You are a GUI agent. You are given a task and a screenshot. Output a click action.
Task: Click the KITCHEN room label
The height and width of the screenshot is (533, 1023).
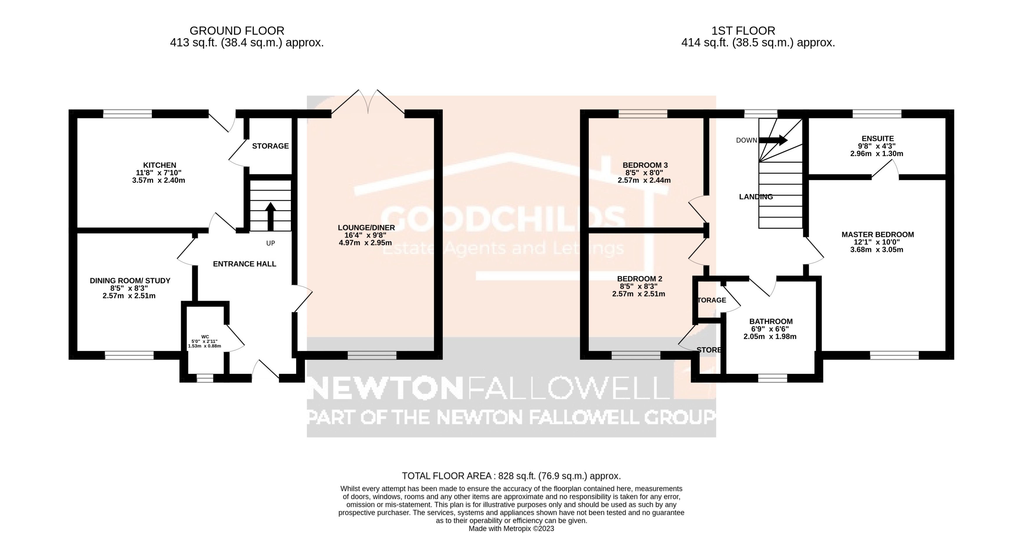pyautogui.click(x=159, y=165)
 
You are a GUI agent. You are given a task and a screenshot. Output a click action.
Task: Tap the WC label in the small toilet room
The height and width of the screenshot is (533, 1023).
pyautogui.click(x=205, y=336)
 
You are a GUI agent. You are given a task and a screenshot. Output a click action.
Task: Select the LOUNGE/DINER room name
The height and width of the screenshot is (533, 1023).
pyautogui.click(x=366, y=228)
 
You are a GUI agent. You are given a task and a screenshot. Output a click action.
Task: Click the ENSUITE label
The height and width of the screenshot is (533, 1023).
pyautogui.click(x=878, y=138)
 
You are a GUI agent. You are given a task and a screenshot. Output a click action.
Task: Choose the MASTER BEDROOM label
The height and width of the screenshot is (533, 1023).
pyautogui.click(x=878, y=235)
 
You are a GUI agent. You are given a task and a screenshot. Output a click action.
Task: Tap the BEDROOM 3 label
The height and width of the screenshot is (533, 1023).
pyautogui.click(x=645, y=165)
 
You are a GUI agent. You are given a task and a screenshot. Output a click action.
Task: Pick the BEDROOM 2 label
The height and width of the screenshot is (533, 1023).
pyautogui.click(x=640, y=279)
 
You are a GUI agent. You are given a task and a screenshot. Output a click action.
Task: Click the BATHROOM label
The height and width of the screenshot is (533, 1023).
pyautogui.click(x=771, y=322)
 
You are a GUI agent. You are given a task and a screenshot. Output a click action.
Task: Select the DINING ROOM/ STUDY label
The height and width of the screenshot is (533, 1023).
pyautogui.click(x=130, y=281)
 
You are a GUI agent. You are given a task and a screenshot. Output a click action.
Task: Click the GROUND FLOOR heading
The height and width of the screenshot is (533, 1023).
pyautogui.click(x=237, y=31)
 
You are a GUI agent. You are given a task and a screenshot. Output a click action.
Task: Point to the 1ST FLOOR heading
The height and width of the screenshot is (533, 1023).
pyautogui.click(x=743, y=31)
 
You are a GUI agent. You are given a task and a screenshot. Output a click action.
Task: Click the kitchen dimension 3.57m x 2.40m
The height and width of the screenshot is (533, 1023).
pyautogui.click(x=158, y=180)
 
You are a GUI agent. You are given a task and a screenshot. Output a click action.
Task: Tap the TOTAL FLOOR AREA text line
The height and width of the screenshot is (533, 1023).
pyautogui.click(x=511, y=476)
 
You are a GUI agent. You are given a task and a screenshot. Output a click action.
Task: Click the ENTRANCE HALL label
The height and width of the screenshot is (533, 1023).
pyautogui.click(x=244, y=264)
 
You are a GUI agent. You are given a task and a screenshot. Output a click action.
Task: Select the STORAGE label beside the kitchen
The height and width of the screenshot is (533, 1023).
pyautogui.click(x=270, y=146)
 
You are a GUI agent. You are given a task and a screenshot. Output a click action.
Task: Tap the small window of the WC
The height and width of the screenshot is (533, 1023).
pyautogui.click(x=205, y=378)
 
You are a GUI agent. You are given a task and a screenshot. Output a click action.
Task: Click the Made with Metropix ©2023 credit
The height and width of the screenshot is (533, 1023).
pyautogui.click(x=511, y=529)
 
